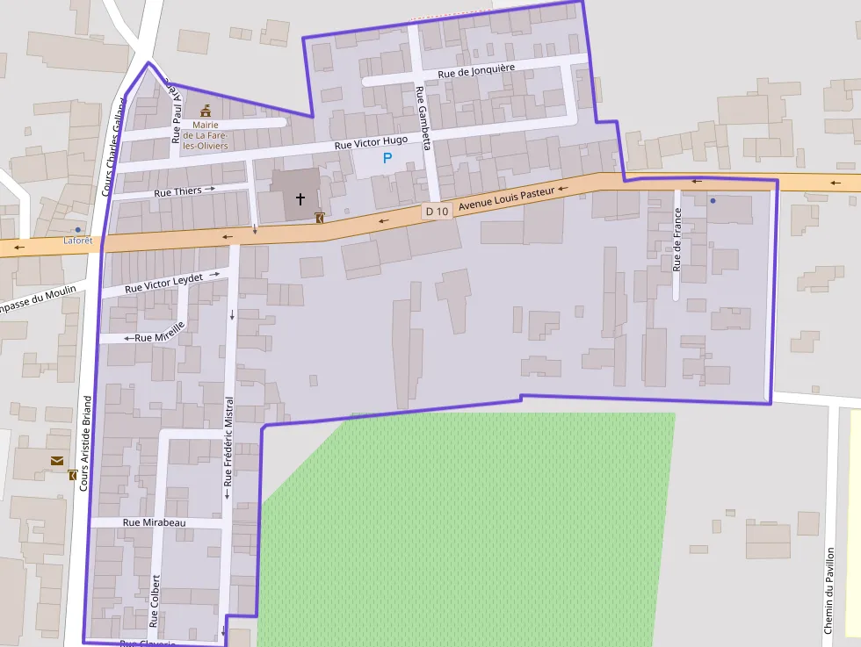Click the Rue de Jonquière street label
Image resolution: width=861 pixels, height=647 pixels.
pyautogui.click(x=475, y=70)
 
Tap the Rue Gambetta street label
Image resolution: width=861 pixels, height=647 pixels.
pyautogui.click(x=423, y=119)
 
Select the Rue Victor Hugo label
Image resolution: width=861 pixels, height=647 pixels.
pyautogui.click(x=371, y=141)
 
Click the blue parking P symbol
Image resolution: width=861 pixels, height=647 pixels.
pyautogui.click(x=387, y=158)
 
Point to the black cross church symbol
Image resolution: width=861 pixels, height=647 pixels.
pyautogui.click(x=300, y=198)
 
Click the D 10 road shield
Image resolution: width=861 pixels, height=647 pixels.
pyautogui.click(x=437, y=211)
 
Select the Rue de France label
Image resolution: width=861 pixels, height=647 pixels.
pyautogui.click(x=676, y=238)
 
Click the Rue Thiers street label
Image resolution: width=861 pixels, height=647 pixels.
pyautogui.click(x=177, y=191)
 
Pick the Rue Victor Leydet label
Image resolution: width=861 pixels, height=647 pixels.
pyautogui.click(x=164, y=283)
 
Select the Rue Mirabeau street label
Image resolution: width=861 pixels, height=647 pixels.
pyautogui.click(x=155, y=522)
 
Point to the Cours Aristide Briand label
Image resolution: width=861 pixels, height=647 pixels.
pyautogui.click(x=85, y=442)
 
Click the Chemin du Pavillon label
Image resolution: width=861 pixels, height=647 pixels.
pyautogui.click(x=828, y=591)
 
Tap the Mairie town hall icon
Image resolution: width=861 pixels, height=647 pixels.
pyautogui.click(x=206, y=111)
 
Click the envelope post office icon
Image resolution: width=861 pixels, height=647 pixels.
pyautogui.click(x=57, y=460)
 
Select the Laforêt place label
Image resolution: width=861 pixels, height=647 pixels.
pyautogui.click(x=77, y=241)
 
